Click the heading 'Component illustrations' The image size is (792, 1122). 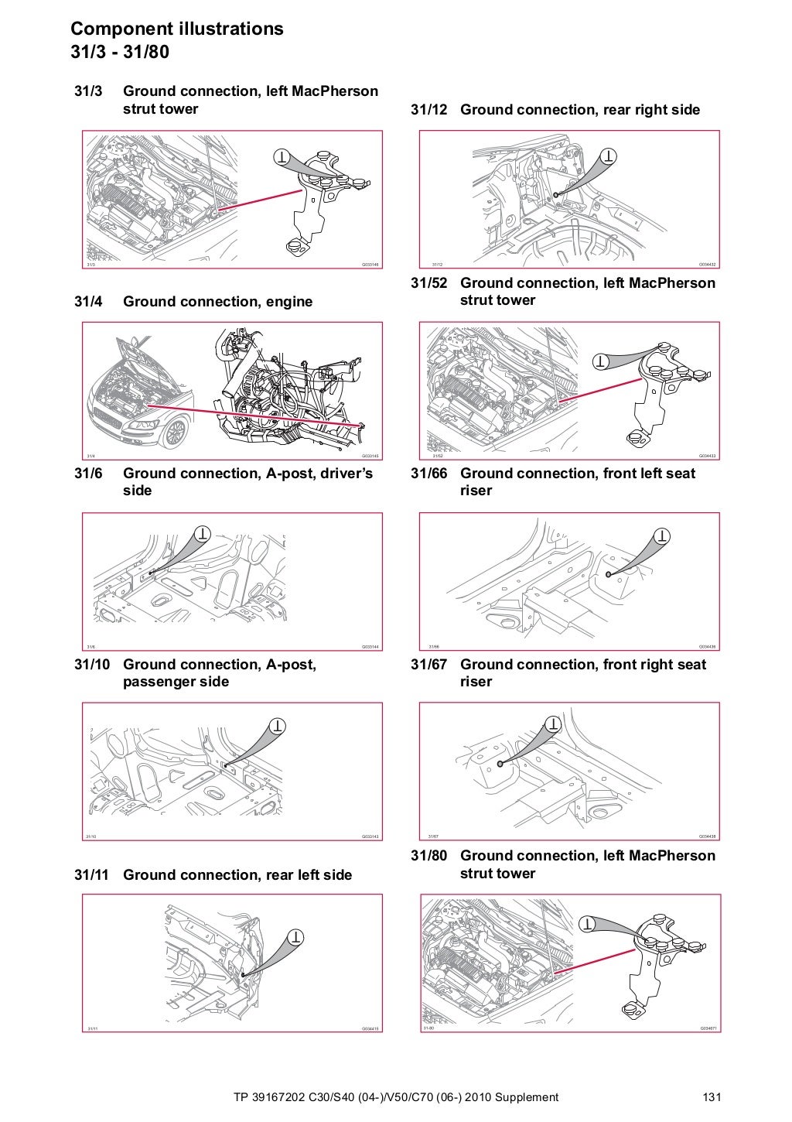pos(177,29)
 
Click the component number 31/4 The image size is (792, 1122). pos(88,302)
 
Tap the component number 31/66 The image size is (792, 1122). pos(428,474)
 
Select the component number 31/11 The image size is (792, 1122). pos(91,875)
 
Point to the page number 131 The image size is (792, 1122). pos(712,1097)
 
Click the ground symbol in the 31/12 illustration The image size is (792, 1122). pos(610,156)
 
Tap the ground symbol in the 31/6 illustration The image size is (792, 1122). pos(202,533)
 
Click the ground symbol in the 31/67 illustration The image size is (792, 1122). pos(553,724)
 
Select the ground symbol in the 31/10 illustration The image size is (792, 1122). pos(277,726)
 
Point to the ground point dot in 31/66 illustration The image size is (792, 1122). pos(609,573)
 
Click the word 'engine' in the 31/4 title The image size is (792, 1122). pos(289,302)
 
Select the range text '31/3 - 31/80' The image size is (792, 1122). pos(120,53)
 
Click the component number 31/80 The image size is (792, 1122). pos(428,856)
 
